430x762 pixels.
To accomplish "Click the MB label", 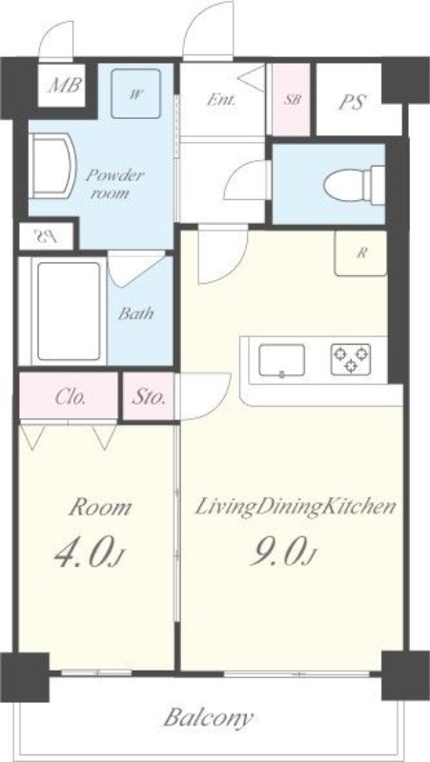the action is (x=64, y=86).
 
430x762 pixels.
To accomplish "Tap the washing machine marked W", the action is (x=135, y=93).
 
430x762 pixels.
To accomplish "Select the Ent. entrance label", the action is (x=221, y=101).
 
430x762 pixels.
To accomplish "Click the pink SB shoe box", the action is (x=291, y=100).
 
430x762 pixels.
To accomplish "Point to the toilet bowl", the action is (x=354, y=184).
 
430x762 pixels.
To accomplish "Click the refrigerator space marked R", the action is (x=360, y=253).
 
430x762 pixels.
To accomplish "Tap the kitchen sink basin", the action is (x=281, y=360).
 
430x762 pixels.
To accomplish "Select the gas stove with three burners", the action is (x=351, y=360).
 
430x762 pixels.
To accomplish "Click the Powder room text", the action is (x=114, y=184).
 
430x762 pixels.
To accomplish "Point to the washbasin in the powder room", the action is (x=52, y=166).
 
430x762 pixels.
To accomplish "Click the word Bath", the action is (x=136, y=313).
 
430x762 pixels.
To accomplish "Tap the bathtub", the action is (x=68, y=311).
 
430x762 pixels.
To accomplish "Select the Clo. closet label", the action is (x=71, y=397).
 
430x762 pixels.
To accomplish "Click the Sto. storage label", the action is (x=149, y=397).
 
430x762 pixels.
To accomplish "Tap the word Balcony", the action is (x=208, y=718).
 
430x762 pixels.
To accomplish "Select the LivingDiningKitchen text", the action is (x=295, y=508).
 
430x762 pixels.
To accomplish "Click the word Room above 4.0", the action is (x=100, y=508).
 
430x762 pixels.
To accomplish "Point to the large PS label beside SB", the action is (x=352, y=102).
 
